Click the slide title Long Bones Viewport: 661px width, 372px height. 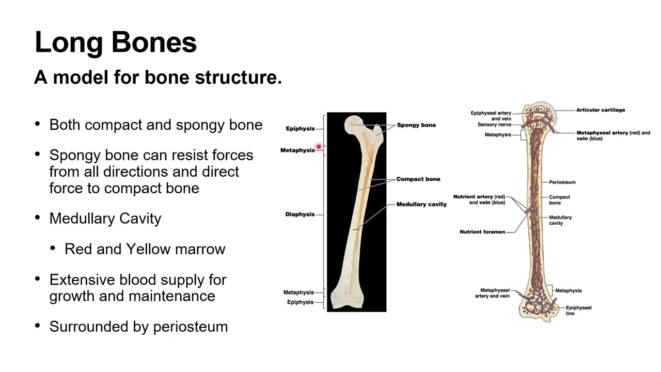(116, 42)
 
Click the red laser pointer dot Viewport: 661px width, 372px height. (319, 147)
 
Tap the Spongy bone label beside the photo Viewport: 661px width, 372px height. (416, 125)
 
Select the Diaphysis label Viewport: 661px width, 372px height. (300, 214)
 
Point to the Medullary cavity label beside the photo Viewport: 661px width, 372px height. (421, 205)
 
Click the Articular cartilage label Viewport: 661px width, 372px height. (601, 110)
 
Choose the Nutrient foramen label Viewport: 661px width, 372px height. (482, 232)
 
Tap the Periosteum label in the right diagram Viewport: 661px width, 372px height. (562, 182)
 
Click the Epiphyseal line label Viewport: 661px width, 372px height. (578, 310)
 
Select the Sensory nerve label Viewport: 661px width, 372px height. (494, 125)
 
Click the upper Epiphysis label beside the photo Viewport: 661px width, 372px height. (300, 129)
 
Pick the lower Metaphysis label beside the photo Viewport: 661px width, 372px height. (298, 292)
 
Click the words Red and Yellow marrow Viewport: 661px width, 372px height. (145, 249)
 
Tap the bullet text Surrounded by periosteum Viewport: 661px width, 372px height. (138, 327)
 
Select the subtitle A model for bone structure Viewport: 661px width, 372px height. (158, 78)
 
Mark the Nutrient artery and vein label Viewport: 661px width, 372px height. (479, 199)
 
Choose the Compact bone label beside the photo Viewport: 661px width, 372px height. (418, 179)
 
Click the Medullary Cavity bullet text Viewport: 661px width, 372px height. (105, 219)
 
